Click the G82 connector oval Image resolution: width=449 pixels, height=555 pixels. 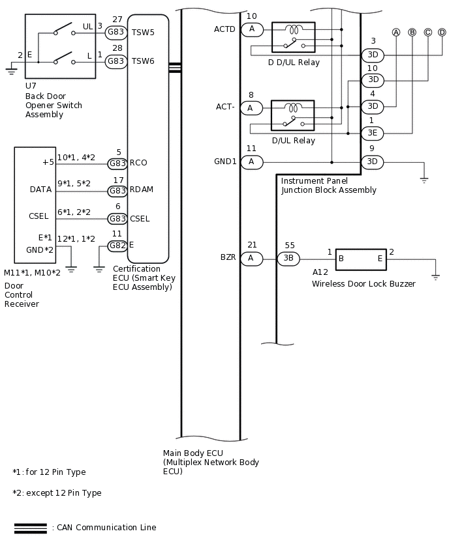(117, 246)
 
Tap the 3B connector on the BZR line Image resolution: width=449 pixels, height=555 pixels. (288, 259)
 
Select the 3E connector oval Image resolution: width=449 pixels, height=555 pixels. (372, 134)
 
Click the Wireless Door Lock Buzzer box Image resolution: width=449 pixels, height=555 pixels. (361, 259)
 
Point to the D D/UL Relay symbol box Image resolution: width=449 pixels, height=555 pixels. (293, 37)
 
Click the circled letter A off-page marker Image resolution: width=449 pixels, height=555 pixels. (396, 32)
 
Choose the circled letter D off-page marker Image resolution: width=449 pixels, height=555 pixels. (442, 32)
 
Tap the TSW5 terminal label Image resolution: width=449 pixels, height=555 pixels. (144, 31)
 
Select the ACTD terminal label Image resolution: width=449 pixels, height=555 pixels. (225, 29)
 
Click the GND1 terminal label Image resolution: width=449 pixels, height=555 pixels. (225, 162)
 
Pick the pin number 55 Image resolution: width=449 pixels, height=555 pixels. (289, 246)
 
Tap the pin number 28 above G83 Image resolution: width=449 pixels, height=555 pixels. (117, 48)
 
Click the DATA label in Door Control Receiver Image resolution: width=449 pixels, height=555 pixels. (40, 190)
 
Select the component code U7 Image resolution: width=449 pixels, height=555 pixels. (31, 85)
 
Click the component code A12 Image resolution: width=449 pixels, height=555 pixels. (320, 272)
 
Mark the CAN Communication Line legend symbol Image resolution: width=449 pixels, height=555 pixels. (30, 528)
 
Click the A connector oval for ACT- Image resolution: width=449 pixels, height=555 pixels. (251, 108)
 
